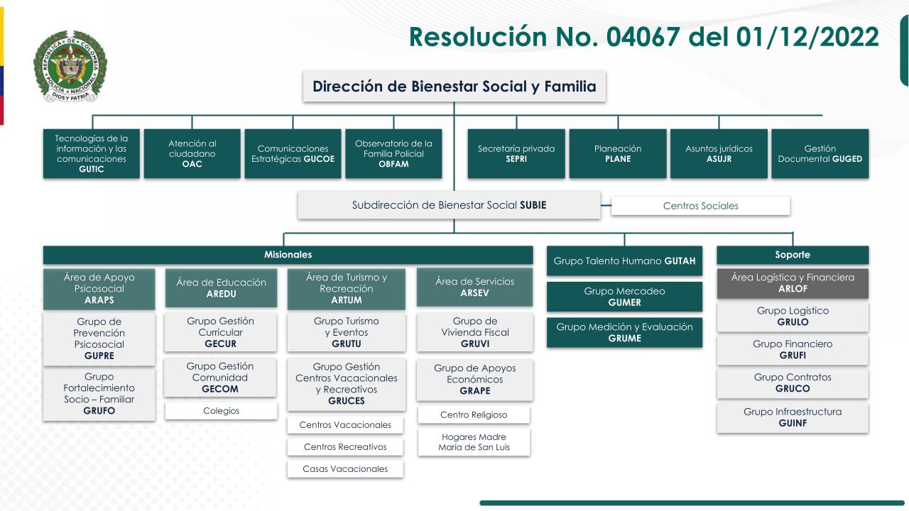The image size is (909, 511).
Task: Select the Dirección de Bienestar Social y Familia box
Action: pos(454,87)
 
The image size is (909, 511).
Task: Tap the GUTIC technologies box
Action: pos(92,153)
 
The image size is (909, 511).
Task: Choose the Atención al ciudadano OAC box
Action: pos(192,153)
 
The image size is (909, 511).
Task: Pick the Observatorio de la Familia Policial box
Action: pos(393,153)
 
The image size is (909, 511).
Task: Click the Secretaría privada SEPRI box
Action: pos(516,153)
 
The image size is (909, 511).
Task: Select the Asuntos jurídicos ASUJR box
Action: pos(719,153)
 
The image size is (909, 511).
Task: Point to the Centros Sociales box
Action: pos(700,206)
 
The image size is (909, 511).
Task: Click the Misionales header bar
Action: pos(288,255)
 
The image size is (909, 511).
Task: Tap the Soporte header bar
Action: pos(793,255)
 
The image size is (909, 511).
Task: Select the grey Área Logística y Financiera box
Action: pos(793,283)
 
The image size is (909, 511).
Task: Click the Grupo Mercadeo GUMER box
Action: pos(624,297)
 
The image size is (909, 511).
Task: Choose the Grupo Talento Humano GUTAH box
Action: pos(624,261)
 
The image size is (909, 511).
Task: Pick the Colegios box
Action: pos(221,411)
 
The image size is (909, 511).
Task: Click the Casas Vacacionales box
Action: pos(345,469)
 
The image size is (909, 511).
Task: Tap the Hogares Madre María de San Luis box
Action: pos(474,442)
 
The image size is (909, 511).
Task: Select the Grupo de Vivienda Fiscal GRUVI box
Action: pos(474,332)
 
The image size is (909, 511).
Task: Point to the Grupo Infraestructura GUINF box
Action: pos(793,417)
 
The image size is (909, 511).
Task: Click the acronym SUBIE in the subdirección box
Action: pos(533,205)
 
